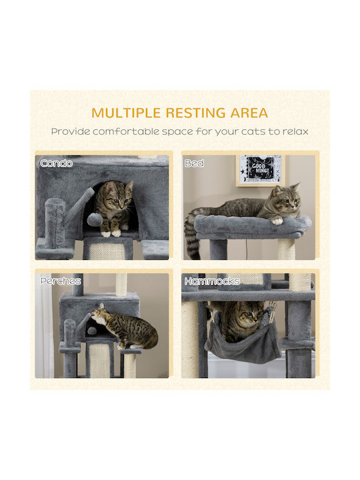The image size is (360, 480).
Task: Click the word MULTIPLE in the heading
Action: pos(126,113)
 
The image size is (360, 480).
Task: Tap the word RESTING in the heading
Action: pos(196,113)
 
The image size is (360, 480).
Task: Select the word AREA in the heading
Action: pos(249,113)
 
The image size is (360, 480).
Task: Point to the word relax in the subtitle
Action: pos(295,131)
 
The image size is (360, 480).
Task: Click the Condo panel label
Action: pos(56,163)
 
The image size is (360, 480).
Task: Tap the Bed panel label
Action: pos(195,163)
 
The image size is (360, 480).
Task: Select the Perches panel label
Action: pos(61,281)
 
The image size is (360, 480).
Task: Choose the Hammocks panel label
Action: pos(212,281)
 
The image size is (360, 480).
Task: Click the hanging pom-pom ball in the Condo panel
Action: pos(92,219)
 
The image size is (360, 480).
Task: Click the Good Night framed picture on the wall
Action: pos(261,171)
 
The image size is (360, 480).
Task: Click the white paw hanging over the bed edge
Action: pos(277,221)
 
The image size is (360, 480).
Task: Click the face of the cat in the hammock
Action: pos(249,315)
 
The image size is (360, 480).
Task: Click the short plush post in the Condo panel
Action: pos(55,223)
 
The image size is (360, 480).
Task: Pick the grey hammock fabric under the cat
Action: pos(243,347)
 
